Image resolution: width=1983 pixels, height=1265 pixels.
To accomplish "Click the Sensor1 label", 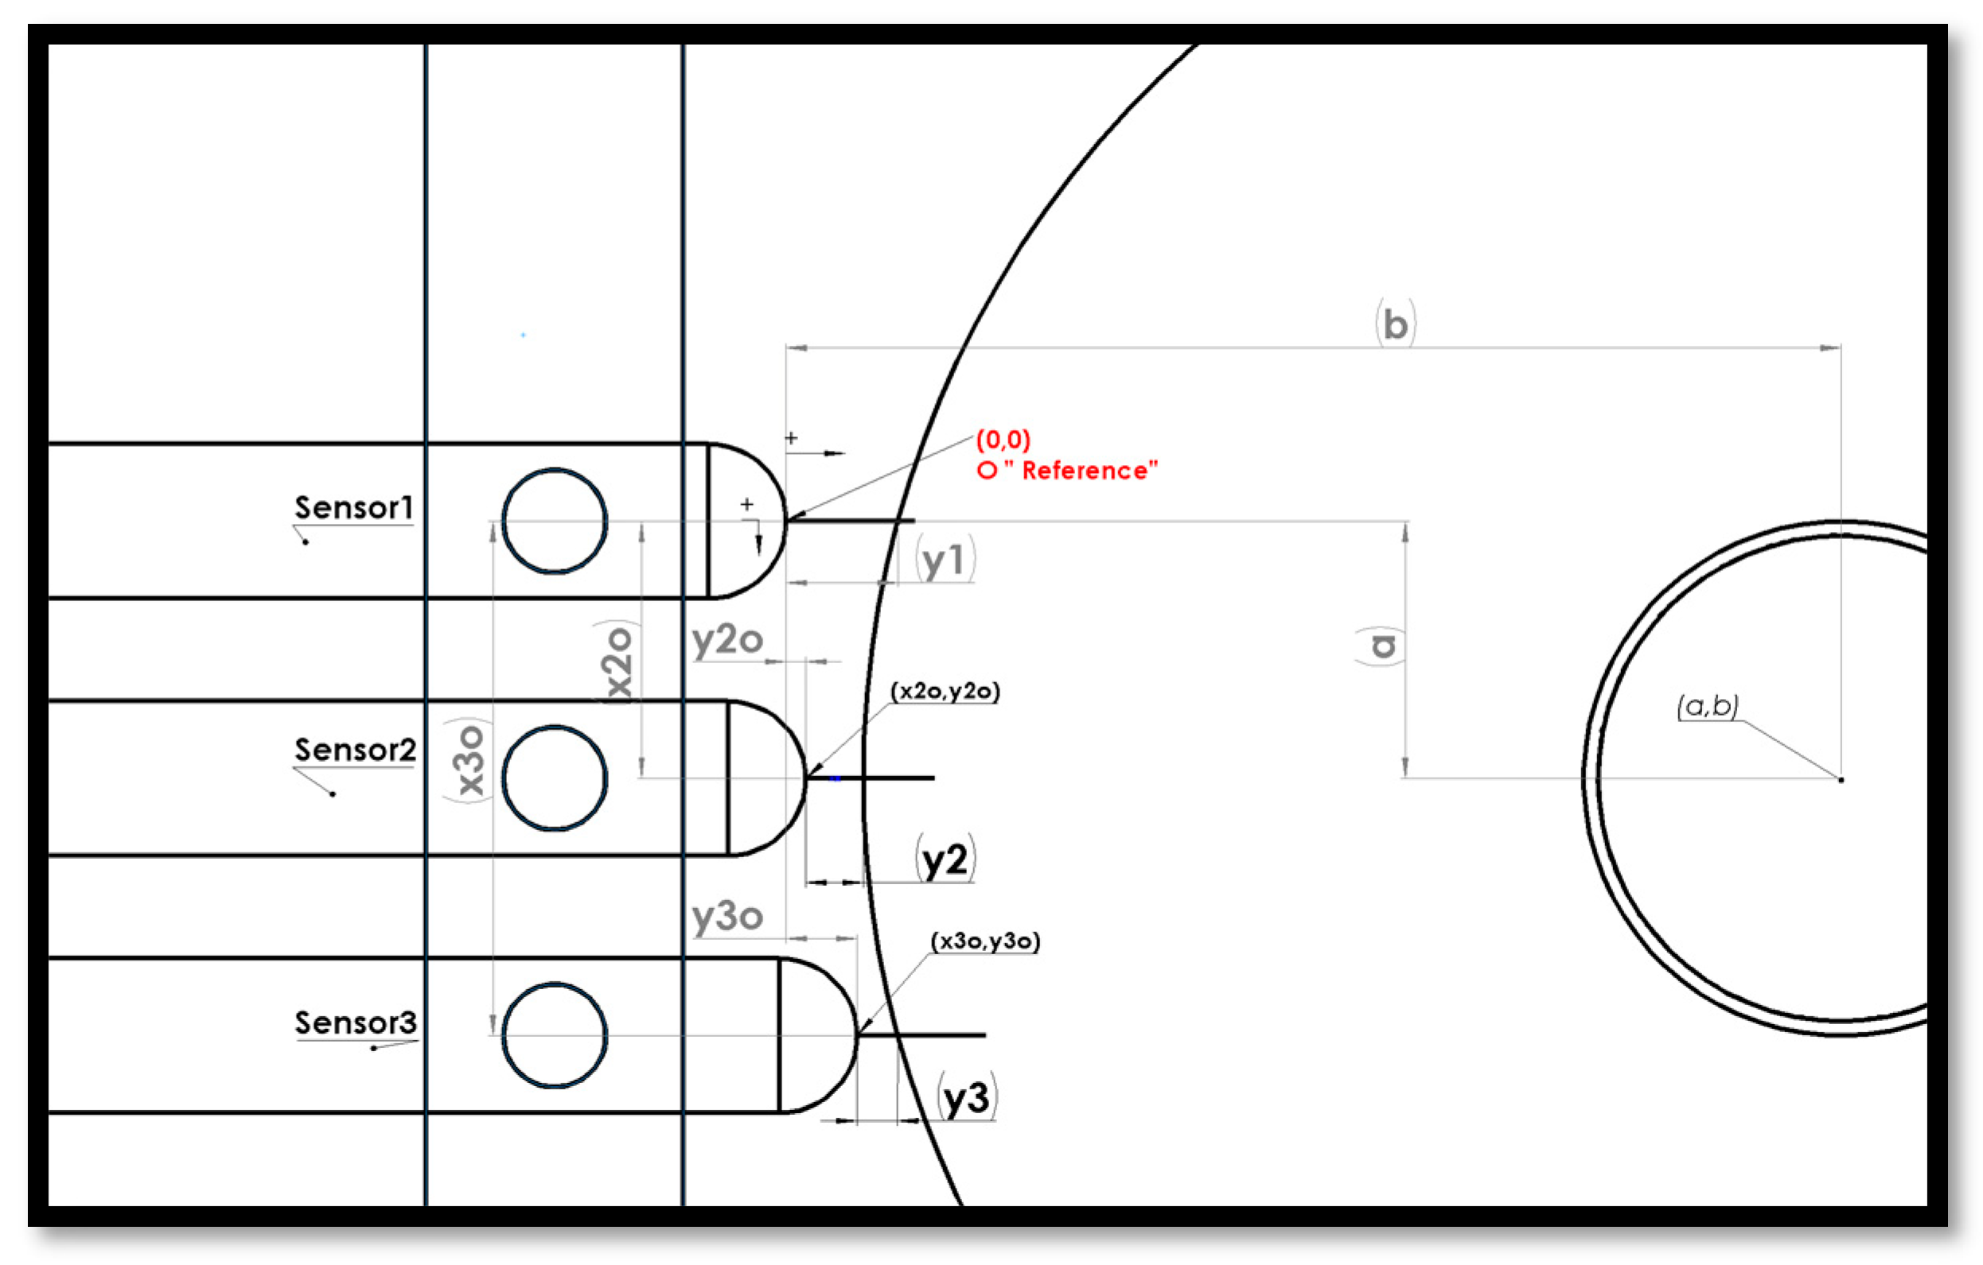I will click(x=354, y=508).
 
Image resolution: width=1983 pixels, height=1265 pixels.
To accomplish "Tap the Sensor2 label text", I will click(x=356, y=750).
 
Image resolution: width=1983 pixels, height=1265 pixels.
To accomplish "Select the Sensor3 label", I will click(x=356, y=1022).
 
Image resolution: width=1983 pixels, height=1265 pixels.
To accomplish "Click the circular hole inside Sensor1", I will click(x=554, y=521).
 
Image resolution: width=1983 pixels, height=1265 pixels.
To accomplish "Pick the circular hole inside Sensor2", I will click(x=554, y=778).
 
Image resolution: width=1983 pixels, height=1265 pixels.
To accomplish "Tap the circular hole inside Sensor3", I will click(x=554, y=1034).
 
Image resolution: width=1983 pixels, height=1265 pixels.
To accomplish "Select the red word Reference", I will click(x=1089, y=471).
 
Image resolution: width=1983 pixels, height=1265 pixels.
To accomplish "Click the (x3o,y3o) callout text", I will click(x=985, y=941).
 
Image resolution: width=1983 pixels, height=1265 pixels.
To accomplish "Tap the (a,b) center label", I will click(x=1708, y=705).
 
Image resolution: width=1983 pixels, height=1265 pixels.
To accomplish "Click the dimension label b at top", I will click(x=1396, y=325).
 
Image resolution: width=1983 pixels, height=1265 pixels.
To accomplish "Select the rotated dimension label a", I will click(x=1381, y=646).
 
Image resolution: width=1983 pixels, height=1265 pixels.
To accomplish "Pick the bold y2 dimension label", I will click(x=945, y=861).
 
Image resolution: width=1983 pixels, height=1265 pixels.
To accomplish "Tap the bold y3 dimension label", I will click(x=967, y=1098).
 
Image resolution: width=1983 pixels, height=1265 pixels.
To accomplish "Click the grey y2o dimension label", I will click(x=727, y=640).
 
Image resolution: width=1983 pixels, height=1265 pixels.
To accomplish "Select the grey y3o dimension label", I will click(x=727, y=917).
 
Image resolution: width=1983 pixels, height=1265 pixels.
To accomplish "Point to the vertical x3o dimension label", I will click(x=469, y=760).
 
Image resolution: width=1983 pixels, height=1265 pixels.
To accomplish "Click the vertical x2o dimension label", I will click(x=617, y=663).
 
